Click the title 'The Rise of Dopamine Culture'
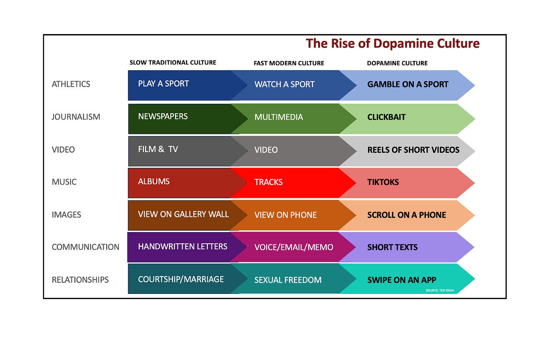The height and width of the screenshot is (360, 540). [x=392, y=44]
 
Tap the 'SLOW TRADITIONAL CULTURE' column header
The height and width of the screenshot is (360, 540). [x=173, y=63]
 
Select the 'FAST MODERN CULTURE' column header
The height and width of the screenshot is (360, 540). [x=289, y=63]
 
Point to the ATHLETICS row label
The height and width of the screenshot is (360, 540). [x=71, y=84]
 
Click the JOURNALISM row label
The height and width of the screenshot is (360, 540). [x=76, y=117]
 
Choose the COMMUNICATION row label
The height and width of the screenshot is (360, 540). [x=86, y=247]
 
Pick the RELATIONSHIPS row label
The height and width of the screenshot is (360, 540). [x=80, y=280]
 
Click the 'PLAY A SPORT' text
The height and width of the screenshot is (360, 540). [x=163, y=84]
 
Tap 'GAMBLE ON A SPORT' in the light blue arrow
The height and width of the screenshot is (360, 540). [x=408, y=84]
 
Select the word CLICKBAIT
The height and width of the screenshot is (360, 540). [x=387, y=117]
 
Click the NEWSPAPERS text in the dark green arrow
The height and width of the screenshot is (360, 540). [x=163, y=116]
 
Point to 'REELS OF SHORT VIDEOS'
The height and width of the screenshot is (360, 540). [x=413, y=150]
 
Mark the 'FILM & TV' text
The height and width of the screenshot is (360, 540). [x=158, y=150]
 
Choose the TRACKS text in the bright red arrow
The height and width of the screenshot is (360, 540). [x=268, y=182]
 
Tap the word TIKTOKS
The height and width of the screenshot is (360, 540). [x=383, y=182]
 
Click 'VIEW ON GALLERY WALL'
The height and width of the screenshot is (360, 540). [x=183, y=214]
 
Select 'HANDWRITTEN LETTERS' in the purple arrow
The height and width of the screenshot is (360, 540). [x=182, y=247]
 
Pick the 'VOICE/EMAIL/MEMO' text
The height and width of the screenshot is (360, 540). [x=294, y=247]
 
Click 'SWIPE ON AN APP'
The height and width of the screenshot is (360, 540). [x=402, y=280]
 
